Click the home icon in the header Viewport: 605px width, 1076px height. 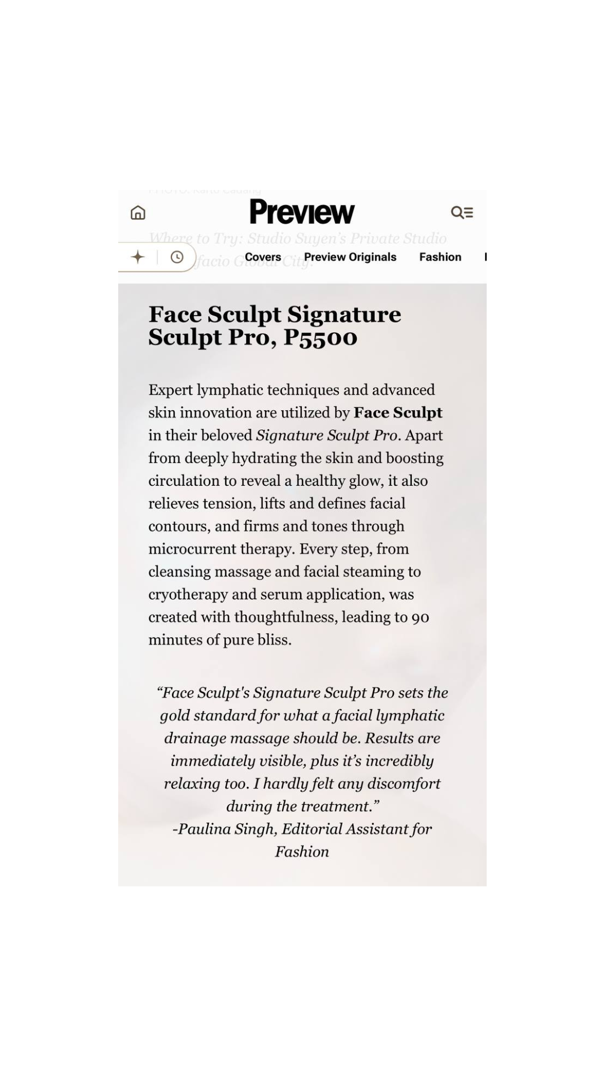click(138, 213)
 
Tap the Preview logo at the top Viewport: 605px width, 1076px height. click(302, 212)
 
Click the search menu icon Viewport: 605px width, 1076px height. click(462, 212)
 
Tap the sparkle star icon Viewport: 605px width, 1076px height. click(138, 257)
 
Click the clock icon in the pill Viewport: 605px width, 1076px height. click(177, 257)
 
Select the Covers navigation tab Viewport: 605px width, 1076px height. click(263, 257)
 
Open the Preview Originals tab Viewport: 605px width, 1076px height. click(350, 257)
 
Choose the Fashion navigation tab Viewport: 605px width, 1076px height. click(440, 257)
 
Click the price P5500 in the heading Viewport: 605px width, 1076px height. click(320, 337)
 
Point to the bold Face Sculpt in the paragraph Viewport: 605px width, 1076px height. click(398, 412)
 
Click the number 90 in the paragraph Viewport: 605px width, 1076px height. click(420, 617)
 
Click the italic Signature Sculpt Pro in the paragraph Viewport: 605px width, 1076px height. click(327, 435)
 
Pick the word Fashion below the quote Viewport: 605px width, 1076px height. click(302, 852)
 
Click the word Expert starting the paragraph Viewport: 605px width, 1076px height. click(170, 390)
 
